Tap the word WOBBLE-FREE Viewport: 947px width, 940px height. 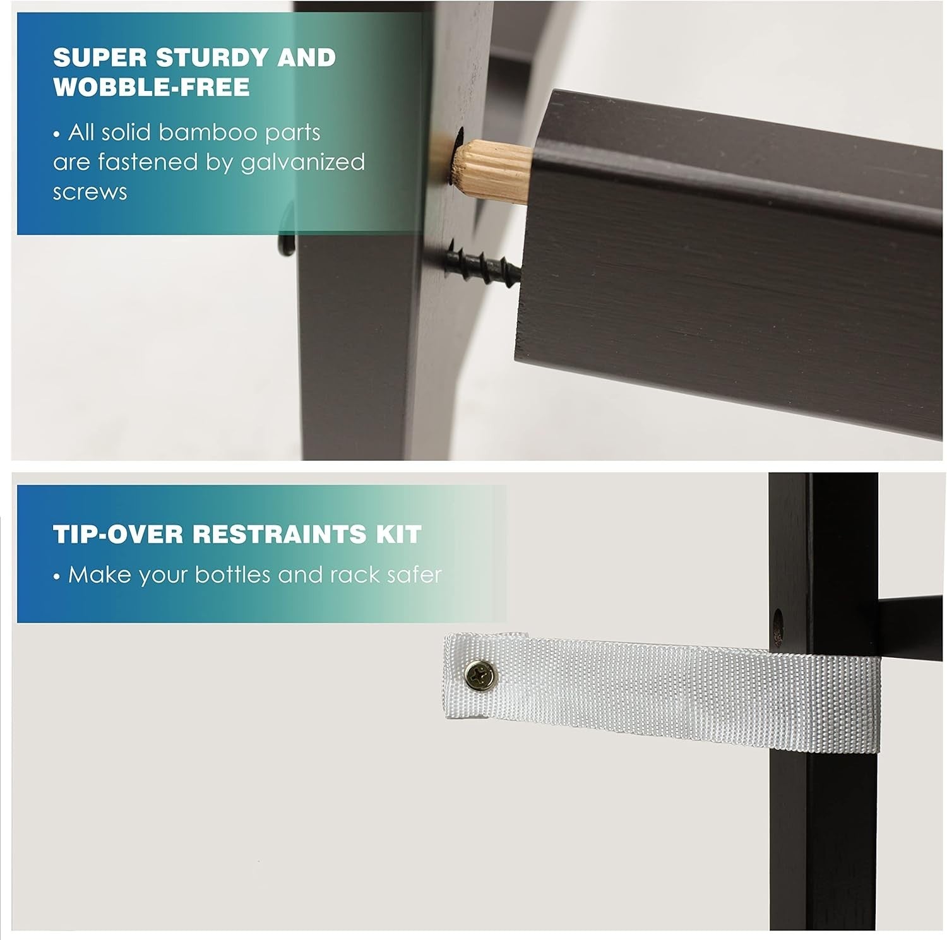coord(152,87)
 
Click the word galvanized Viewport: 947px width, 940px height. coord(304,162)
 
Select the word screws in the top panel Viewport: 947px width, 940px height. coord(90,192)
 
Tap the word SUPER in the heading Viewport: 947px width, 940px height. coord(100,57)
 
